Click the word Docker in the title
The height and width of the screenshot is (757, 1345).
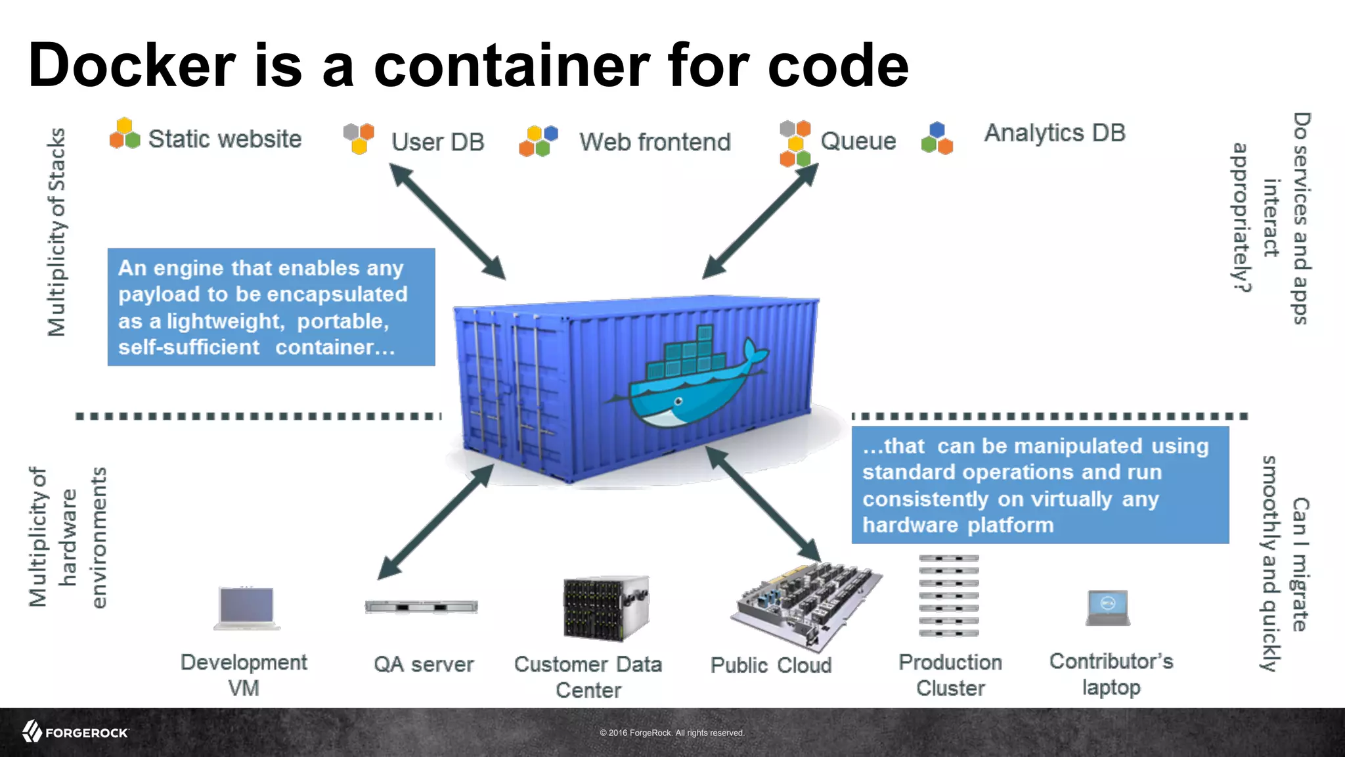click(131, 66)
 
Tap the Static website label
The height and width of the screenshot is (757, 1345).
click(225, 139)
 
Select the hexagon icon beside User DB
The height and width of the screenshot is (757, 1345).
click(359, 138)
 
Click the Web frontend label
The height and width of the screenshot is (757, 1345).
click(655, 142)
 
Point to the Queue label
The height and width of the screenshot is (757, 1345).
click(858, 141)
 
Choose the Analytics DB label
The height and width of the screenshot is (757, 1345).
click(1054, 133)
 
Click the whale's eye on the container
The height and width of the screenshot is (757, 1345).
click(678, 401)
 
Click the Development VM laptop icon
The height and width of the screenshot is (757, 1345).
click(247, 608)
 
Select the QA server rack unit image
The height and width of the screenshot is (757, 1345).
click(422, 607)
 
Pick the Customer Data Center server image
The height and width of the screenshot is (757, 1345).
click(606, 608)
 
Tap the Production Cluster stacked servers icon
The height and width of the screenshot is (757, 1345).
click(948, 596)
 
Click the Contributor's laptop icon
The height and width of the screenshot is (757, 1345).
click(1108, 608)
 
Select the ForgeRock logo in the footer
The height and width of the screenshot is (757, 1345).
click(76, 732)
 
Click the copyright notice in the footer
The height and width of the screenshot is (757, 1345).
click(672, 733)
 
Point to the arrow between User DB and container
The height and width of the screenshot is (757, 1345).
click(447, 221)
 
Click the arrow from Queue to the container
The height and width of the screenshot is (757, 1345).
click(761, 221)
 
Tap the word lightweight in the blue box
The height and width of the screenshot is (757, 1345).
click(224, 321)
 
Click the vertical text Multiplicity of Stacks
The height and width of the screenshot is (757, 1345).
click(57, 232)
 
